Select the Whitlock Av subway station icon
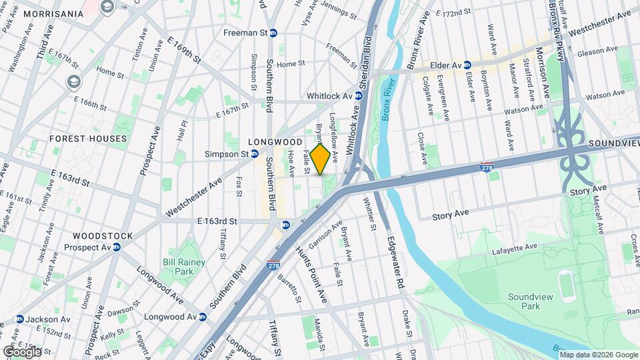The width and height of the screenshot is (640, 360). point(359,96)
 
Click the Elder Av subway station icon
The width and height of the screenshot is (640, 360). point(468,65)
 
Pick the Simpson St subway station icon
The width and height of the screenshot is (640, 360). point(255,154)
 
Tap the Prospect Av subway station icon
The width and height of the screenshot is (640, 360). point(116,247)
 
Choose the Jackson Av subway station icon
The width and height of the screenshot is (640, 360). point(19,319)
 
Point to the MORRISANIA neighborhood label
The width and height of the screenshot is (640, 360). point(41,13)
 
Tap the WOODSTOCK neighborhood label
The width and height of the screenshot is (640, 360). point(103,236)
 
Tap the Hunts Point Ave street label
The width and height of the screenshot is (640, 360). point(311,273)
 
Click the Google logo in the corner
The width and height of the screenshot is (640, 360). point(22,351)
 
